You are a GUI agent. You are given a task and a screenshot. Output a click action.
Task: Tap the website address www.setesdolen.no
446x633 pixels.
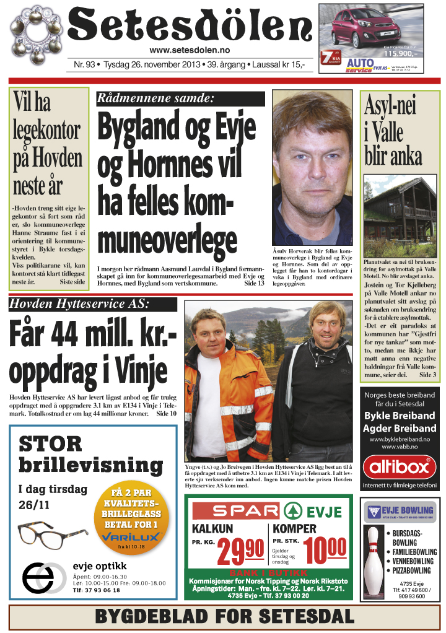click(190, 51)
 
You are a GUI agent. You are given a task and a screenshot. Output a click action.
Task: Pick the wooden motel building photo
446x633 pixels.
click(400, 208)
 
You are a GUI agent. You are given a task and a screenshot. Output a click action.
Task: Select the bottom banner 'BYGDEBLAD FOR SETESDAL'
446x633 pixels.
click(224, 617)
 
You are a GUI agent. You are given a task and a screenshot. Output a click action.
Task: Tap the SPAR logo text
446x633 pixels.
click(237, 511)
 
